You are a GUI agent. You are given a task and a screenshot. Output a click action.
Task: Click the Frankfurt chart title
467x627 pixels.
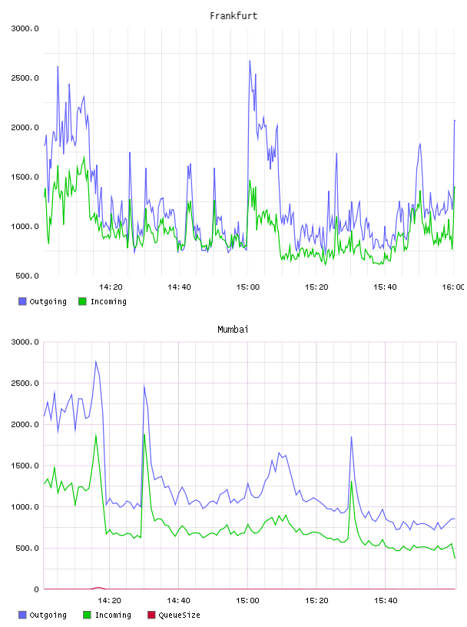pos(233,16)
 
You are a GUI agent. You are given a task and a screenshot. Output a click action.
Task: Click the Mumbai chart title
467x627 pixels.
pos(233,330)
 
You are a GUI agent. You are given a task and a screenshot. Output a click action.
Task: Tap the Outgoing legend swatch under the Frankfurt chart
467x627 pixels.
pos(22,301)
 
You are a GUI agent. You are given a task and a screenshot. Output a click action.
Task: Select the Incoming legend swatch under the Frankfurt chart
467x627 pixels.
pos(82,301)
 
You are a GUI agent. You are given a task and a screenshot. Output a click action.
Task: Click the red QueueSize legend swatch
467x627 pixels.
pos(151,615)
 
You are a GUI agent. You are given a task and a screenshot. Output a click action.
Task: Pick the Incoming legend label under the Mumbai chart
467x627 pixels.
pos(113,615)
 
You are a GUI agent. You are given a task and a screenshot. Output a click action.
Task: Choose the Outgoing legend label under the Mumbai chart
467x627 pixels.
pos(48,615)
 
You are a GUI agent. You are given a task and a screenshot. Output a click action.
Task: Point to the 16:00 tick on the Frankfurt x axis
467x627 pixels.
pos(453,287)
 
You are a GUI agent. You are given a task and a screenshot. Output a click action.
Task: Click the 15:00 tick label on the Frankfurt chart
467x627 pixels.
pos(248,287)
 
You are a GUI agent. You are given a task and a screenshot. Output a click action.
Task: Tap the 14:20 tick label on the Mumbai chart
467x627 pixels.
pos(109,601)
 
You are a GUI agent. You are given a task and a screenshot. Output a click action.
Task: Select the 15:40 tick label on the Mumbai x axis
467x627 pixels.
pos(386,601)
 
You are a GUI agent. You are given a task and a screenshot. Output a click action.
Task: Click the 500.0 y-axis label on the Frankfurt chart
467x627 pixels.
pos(27,276)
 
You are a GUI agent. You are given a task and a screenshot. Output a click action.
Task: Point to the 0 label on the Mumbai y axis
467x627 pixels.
pos(36,589)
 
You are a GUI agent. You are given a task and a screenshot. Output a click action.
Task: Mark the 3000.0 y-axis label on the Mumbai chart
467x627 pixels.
pos(25,342)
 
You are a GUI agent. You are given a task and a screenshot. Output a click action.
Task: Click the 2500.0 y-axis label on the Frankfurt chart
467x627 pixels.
pos(25,78)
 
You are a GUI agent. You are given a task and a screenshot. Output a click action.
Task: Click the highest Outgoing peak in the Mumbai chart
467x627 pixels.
pos(95,361)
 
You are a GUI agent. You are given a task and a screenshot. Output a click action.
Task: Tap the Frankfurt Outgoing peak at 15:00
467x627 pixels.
pos(250,61)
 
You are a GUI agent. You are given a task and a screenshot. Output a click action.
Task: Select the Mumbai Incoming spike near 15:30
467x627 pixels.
pos(352,481)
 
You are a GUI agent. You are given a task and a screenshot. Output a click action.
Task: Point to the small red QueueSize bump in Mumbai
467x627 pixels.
pos(98,588)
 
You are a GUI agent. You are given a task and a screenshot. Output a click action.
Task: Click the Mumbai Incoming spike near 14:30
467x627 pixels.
pos(144,434)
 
